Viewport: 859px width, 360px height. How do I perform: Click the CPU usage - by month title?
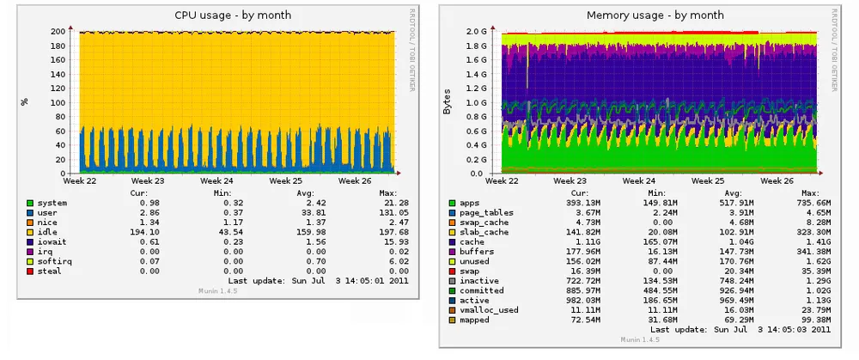click(x=233, y=15)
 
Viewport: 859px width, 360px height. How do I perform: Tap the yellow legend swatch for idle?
click(x=30, y=232)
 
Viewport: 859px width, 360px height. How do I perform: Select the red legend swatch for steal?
click(x=30, y=271)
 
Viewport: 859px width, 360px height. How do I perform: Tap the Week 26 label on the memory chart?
click(x=777, y=181)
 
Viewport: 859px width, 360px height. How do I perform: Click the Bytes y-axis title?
click(x=447, y=101)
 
